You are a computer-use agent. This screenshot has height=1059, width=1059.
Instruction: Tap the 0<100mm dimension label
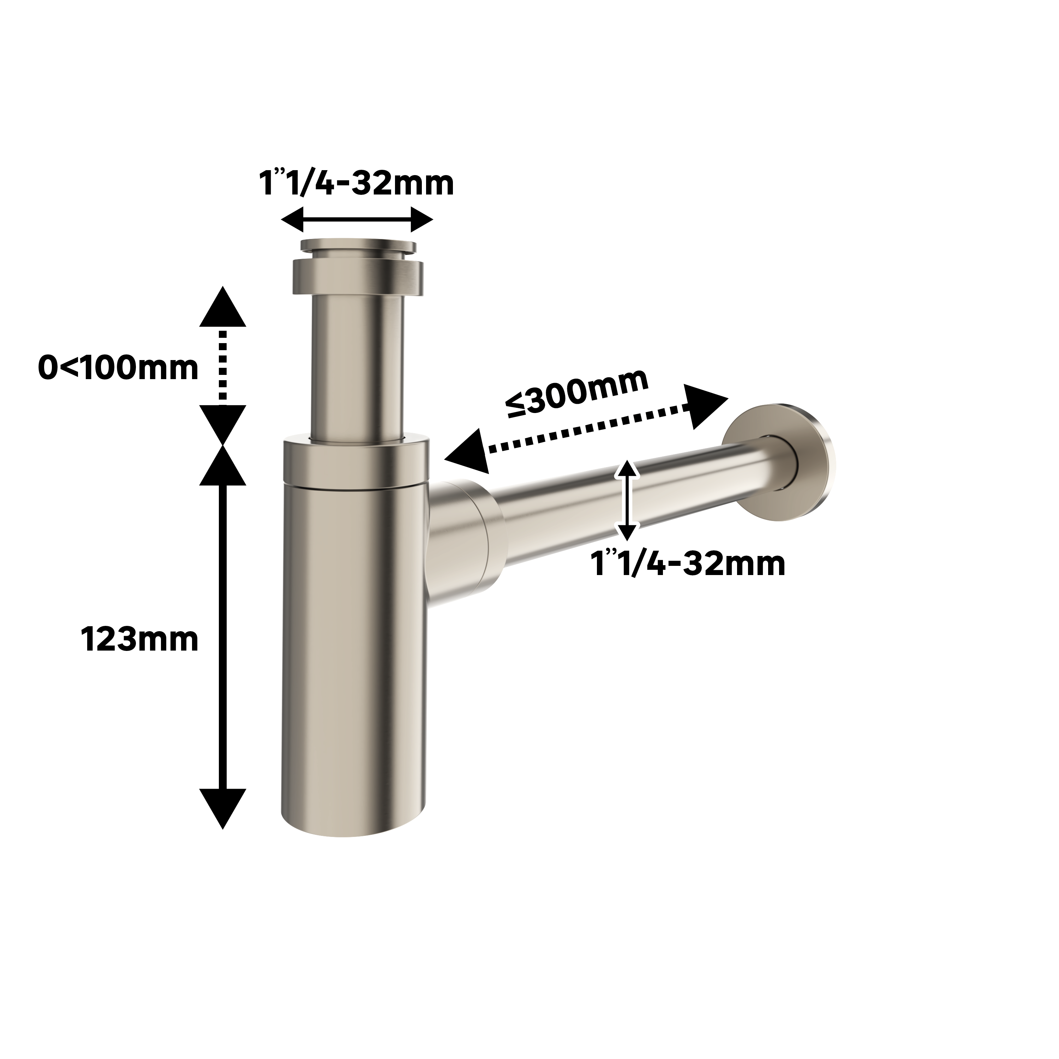pos(118,368)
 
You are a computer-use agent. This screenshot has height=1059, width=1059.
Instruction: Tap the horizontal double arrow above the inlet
pos(357,220)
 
